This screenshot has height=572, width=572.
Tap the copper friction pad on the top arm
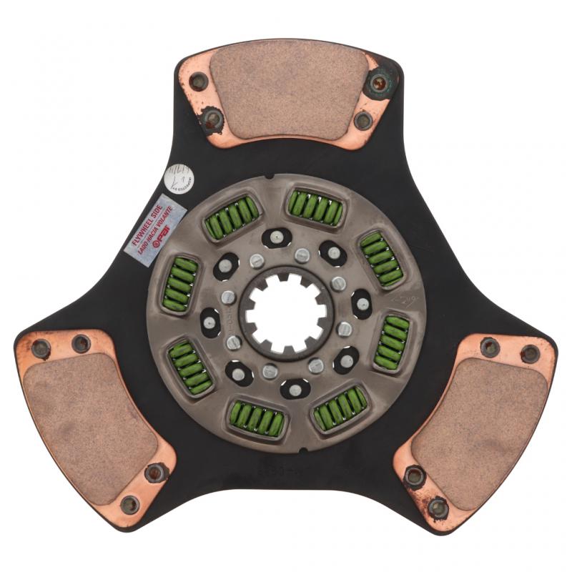289,90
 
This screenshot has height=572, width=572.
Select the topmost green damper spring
315,208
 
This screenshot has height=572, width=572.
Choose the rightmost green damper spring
393,342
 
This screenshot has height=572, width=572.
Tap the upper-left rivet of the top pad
199,81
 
